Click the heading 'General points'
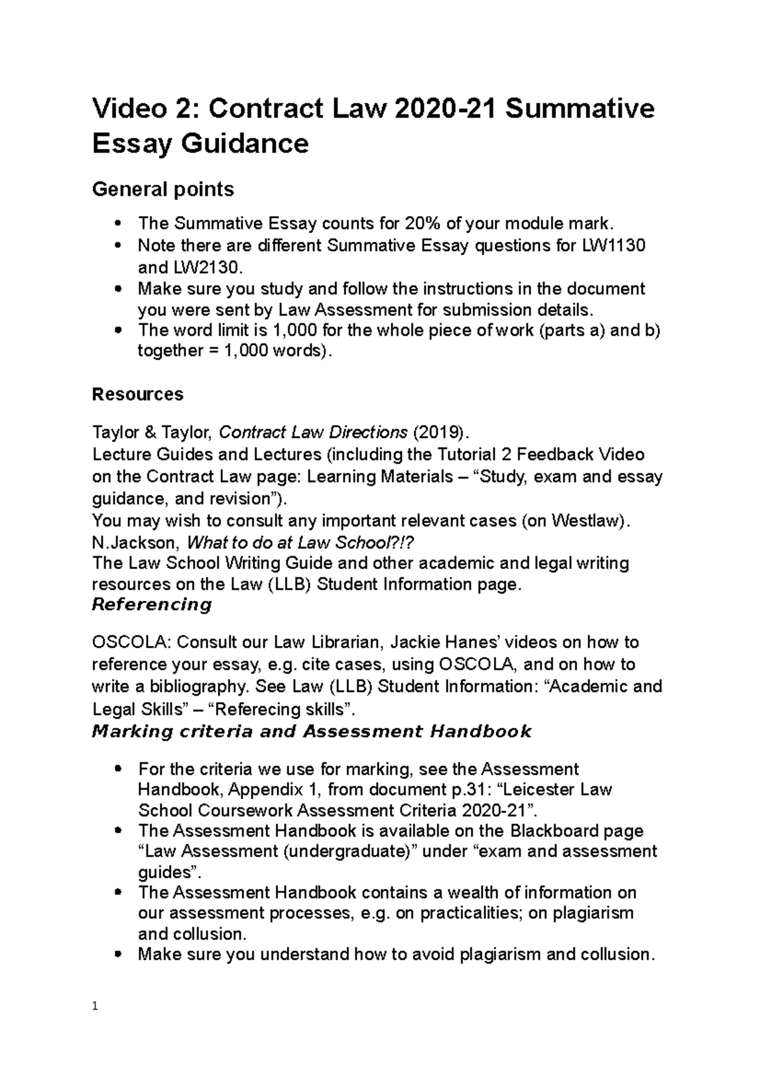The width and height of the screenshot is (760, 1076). tap(163, 189)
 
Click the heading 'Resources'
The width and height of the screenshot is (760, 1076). tap(137, 394)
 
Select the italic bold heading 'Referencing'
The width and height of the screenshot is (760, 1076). tap(152, 605)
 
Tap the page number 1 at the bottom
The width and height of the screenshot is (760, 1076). tap(95, 1006)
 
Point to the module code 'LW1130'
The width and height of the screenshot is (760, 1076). tap(613, 245)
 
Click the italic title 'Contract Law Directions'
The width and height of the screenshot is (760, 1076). tap(313, 433)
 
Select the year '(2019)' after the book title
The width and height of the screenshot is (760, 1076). tap(441, 433)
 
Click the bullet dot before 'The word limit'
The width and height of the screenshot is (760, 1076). tap(118, 330)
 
